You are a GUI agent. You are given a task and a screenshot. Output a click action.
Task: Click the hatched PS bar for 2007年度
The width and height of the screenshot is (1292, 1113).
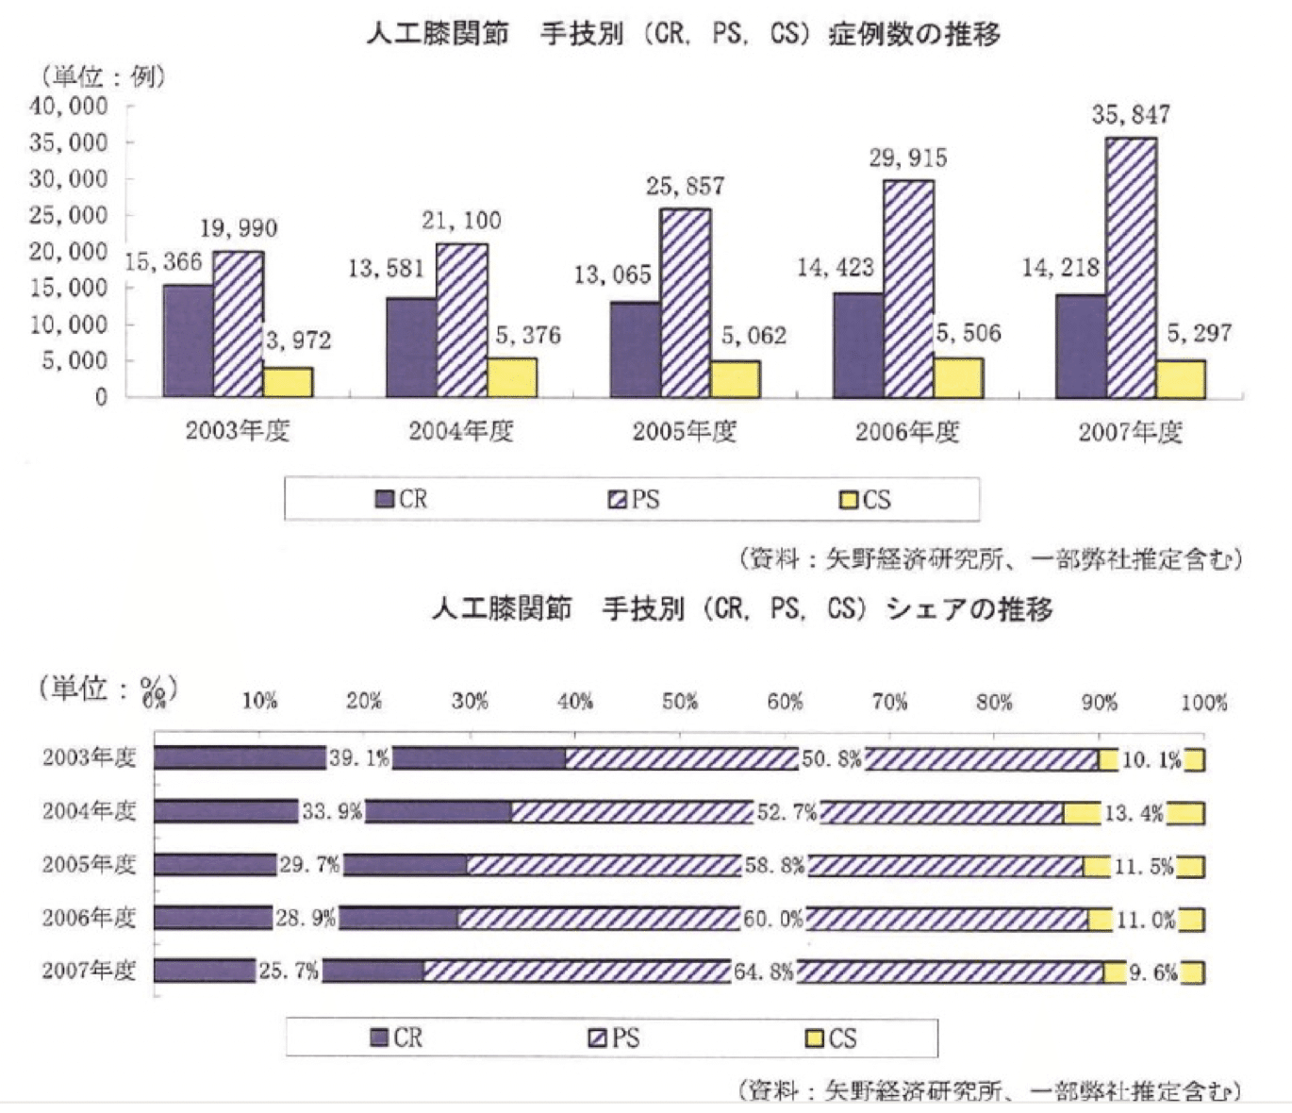click(1131, 269)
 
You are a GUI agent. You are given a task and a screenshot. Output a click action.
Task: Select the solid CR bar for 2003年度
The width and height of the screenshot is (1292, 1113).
click(188, 341)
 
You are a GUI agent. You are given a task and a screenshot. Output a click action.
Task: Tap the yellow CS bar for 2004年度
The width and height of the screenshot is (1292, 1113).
click(512, 377)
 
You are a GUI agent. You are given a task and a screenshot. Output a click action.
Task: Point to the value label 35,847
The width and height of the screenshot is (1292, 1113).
click(1131, 115)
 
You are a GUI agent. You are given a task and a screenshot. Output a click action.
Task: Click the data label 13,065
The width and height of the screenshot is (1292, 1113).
click(613, 274)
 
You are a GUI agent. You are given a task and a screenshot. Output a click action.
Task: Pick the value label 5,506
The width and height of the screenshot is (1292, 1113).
click(969, 333)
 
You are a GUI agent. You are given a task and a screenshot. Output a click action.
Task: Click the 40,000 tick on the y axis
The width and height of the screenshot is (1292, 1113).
click(69, 107)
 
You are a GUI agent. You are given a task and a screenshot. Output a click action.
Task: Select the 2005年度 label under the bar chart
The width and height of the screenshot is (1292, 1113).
click(684, 432)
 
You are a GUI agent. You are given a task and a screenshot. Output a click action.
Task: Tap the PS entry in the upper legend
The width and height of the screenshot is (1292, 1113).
click(635, 499)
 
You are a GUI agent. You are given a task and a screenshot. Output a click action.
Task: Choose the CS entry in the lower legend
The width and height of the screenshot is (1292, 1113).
click(831, 1038)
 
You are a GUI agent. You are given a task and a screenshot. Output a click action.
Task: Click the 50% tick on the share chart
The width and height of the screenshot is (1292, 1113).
click(680, 703)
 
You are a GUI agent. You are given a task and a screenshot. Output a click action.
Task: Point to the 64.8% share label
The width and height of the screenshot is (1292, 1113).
click(764, 972)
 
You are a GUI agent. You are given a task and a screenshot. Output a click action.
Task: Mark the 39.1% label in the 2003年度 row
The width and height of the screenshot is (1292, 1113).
click(359, 758)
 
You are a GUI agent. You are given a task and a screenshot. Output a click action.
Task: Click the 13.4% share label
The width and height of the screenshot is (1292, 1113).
click(1135, 812)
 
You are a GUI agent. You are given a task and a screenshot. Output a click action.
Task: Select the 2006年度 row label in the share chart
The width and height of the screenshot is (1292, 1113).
click(89, 918)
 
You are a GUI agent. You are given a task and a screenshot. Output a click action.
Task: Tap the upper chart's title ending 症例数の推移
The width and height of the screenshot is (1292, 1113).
click(683, 35)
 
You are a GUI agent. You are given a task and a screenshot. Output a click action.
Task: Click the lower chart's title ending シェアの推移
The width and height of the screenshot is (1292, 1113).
click(741, 609)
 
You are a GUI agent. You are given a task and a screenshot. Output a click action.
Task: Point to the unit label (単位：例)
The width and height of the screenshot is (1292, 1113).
click(102, 75)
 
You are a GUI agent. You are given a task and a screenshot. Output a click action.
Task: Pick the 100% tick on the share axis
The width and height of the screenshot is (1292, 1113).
click(1204, 703)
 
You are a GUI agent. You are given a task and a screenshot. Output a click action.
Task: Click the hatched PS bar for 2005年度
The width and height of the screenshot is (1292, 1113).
click(686, 303)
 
